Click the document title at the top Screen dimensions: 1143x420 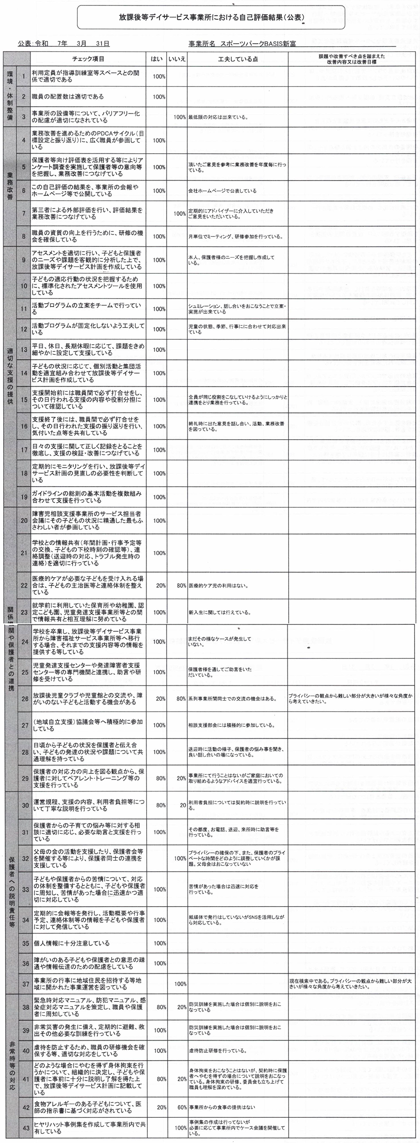(x=211, y=17)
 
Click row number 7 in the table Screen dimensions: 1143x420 (x=24, y=213)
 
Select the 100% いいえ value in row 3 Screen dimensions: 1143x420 (x=179, y=118)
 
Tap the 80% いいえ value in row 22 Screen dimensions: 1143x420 (x=181, y=586)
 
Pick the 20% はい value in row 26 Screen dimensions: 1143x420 (x=161, y=699)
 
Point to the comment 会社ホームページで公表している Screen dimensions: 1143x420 (x=222, y=191)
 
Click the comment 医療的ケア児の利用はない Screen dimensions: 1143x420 (x=218, y=586)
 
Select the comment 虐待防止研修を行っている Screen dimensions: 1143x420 (x=218, y=1051)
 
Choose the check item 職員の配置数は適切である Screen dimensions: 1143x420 (x=68, y=96)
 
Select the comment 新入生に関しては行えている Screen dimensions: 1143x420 (x=219, y=613)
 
